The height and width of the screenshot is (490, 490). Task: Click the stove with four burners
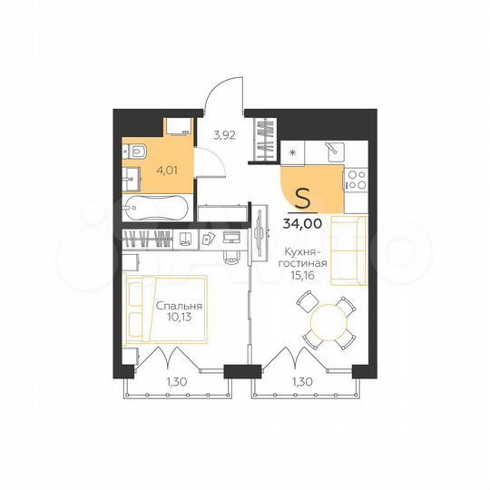[x=357, y=180]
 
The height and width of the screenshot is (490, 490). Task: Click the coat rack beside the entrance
[x=267, y=141]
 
